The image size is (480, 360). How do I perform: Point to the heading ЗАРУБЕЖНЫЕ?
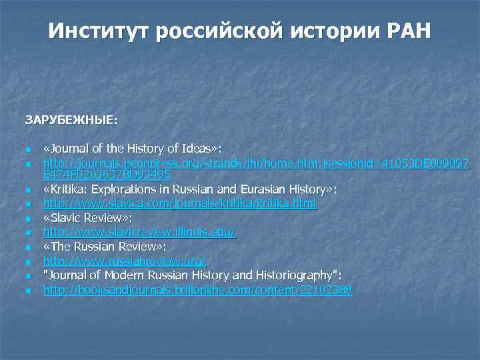(x=71, y=121)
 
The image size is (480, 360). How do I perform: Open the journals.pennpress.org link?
(x=257, y=163)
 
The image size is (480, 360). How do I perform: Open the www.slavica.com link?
(x=180, y=204)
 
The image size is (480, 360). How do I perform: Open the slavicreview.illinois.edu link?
(x=140, y=232)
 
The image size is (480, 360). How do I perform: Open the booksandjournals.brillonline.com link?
(x=197, y=290)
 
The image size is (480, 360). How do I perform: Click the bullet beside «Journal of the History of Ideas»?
(x=27, y=149)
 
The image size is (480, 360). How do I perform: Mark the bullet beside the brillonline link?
(x=27, y=291)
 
